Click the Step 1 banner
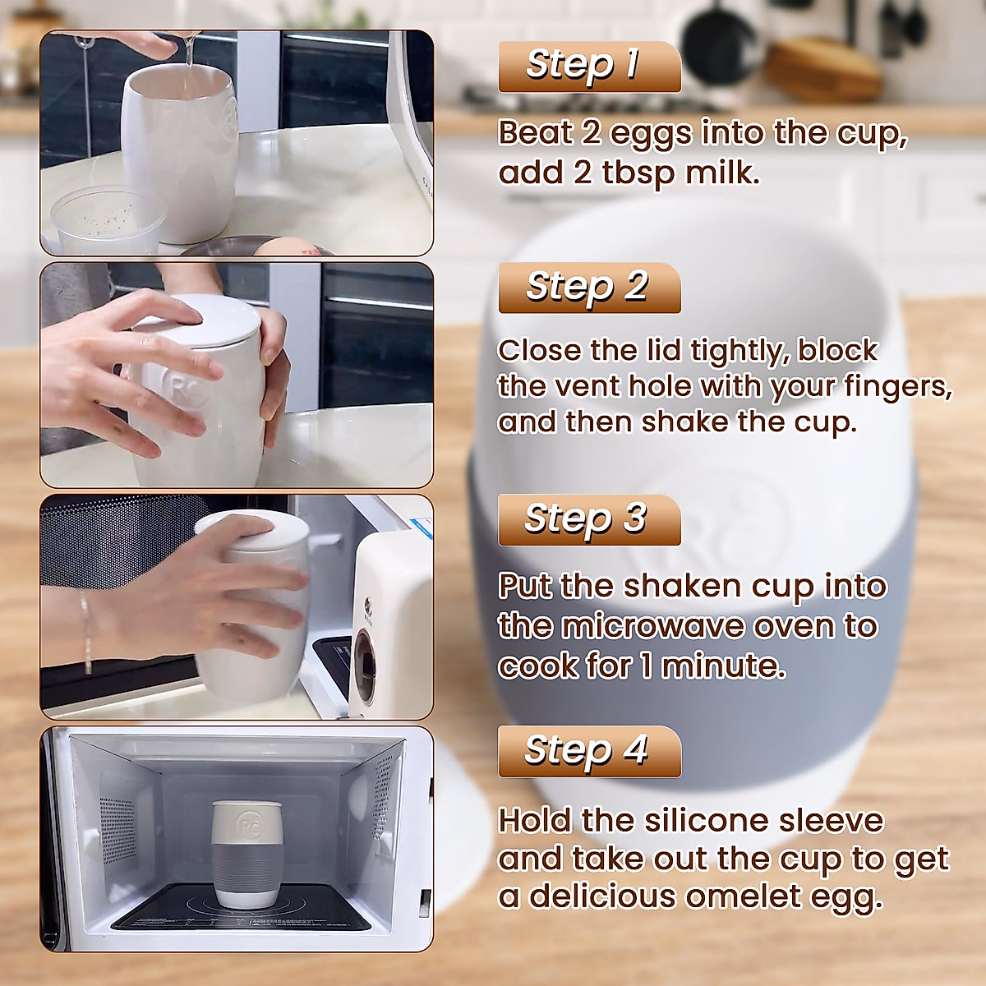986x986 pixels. pyautogui.click(x=589, y=67)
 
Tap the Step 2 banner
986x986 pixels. pyautogui.click(x=589, y=288)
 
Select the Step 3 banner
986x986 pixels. pyautogui.click(x=589, y=520)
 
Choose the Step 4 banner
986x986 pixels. pyautogui.click(x=589, y=752)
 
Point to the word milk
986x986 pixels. pyautogui.click(x=721, y=173)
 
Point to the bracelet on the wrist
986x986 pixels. pyautogui.click(x=85, y=629)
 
